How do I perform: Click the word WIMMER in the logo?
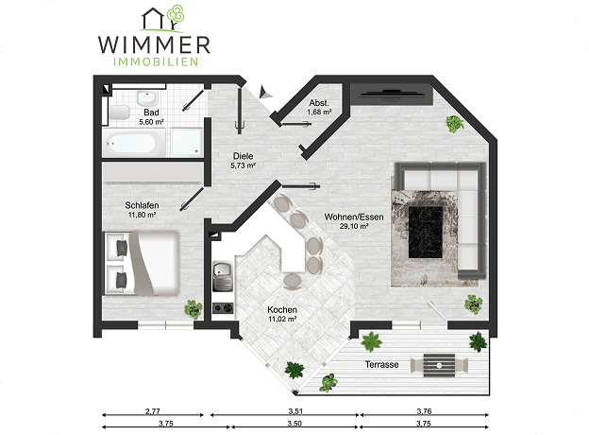click(x=154, y=44)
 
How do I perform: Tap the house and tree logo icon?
click(x=162, y=18)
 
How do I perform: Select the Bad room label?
click(x=151, y=113)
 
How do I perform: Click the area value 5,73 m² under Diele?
click(x=244, y=165)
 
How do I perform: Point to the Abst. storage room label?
click(x=319, y=103)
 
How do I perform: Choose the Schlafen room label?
click(x=142, y=205)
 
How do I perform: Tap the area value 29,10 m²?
click(x=354, y=226)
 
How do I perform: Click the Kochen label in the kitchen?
click(x=282, y=309)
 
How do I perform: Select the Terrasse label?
click(x=382, y=364)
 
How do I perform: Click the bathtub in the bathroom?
click(x=134, y=143)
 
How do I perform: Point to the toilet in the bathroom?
click(x=119, y=113)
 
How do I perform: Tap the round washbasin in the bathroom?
click(x=147, y=98)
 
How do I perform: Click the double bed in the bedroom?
click(x=142, y=263)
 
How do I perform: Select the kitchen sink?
click(x=223, y=276)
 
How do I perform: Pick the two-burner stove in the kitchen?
click(x=223, y=308)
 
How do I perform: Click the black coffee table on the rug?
click(x=425, y=233)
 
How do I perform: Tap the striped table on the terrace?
click(x=439, y=365)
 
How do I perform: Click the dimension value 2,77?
click(x=153, y=411)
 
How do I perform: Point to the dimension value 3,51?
click(x=295, y=411)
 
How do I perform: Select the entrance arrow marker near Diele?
click(x=264, y=92)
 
